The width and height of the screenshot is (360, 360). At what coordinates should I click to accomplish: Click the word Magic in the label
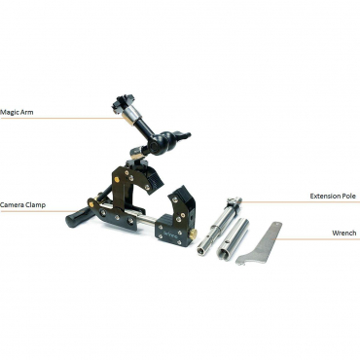click(x=11, y=111)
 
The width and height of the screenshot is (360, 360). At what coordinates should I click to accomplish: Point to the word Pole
click(x=348, y=196)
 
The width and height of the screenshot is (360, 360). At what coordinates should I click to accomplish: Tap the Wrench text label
click(x=343, y=234)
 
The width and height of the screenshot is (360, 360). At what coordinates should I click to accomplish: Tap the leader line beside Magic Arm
click(x=78, y=119)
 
